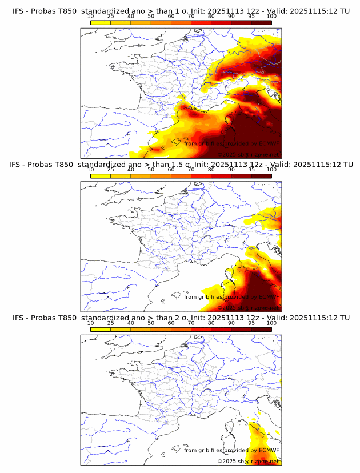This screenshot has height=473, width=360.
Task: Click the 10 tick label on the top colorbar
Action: (90, 17)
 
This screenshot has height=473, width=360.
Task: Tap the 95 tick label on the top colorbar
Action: (251, 17)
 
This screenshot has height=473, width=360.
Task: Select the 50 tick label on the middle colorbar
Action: (151, 170)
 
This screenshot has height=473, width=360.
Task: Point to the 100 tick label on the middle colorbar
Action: (271, 170)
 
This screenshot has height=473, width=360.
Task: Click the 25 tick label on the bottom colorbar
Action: (110, 323)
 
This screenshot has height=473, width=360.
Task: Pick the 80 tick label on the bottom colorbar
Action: (211, 323)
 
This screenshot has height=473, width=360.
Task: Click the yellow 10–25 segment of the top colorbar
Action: (101, 22)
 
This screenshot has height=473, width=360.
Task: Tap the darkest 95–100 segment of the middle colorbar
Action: (262, 175)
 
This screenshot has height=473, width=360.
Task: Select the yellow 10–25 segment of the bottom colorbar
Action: (101, 328)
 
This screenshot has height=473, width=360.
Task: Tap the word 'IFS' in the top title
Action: (20, 10)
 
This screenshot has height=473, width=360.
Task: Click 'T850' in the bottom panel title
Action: (66, 317)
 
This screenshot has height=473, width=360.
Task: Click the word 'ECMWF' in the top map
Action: (268, 143)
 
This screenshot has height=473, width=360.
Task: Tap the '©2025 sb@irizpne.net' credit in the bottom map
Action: (249, 460)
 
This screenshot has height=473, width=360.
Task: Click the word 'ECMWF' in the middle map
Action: (268, 296)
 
